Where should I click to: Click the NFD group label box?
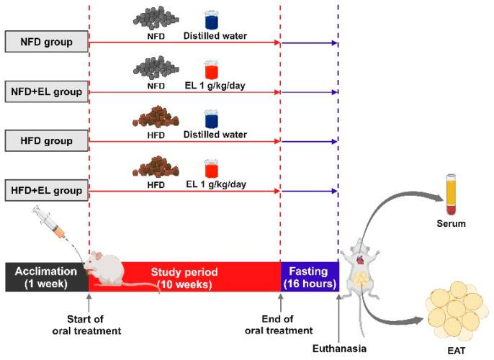click(x=47, y=42)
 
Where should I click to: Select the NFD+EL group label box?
click(x=47, y=91)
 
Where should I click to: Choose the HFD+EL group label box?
click(x=47, y=191)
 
